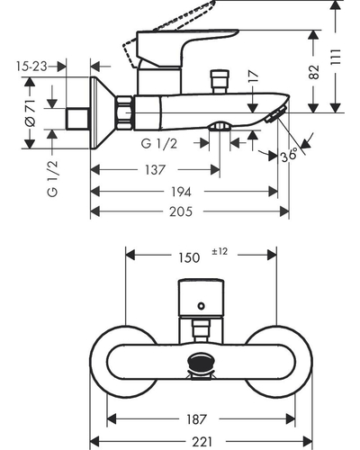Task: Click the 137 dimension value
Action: click(x=155, y=170)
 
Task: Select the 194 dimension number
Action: click(x=181, y=192)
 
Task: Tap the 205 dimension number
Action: click(x=181, y=211)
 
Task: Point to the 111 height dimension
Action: click(x=336, y=57)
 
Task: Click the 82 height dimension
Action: click(x=314, y=72)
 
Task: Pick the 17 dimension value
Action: click(x=254, y=76)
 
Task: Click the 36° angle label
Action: click(x=289, y=155)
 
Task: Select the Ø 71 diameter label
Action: click(x=31, y=112)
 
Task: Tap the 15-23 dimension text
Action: click(x=31, y=67)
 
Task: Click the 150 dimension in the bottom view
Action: click(x=189, y=257)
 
